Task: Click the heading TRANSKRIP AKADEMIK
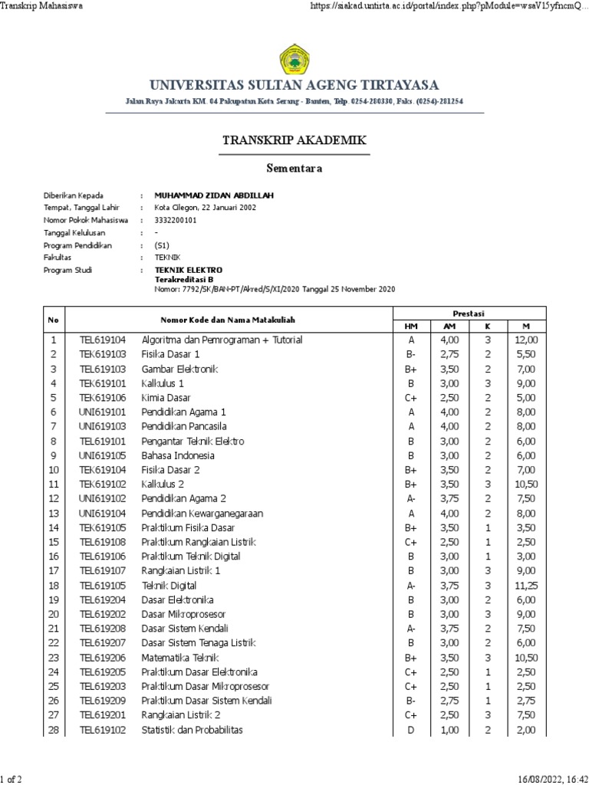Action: click(294, 140)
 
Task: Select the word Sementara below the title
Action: click(294, 169)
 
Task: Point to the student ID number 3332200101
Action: click(176, 220)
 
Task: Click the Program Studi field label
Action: click(67, 270)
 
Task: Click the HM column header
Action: click(411, 326)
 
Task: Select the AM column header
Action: click(449, 326)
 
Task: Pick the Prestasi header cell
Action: click(469, 313)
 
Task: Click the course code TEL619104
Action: click(103, 340)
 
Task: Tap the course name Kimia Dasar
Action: click(166, 397)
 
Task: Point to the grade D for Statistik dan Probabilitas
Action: click(411, 730)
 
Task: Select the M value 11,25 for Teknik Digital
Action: click(526, 586)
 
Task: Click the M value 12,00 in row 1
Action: click(526, 340)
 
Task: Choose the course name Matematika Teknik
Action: click(179, 658)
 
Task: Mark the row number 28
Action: click(54, 730)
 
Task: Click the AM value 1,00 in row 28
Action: click(449, 730)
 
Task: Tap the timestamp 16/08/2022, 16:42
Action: click(548, 779)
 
